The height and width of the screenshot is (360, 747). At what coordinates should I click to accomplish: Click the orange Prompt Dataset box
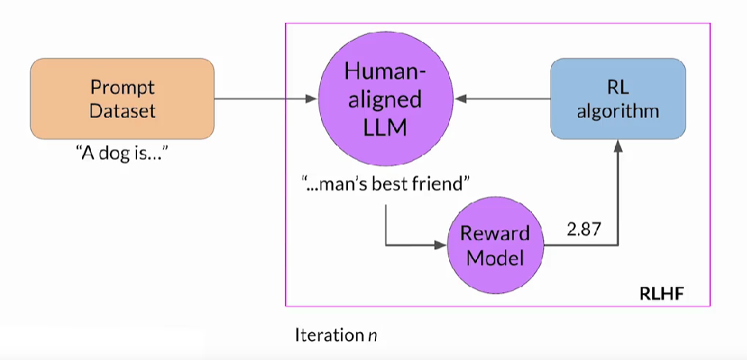(122, 99)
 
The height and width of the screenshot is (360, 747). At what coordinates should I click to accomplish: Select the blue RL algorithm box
(618, 99)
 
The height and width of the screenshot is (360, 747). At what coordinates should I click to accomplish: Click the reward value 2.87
(584, 230)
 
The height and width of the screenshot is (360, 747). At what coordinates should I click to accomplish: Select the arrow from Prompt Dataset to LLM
(263, 99)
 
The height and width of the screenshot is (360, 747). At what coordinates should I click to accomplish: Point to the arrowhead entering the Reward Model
(440, 246)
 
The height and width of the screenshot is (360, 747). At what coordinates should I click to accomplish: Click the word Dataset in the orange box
(122, 111)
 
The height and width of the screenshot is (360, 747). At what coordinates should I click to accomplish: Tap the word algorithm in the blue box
(618, 111)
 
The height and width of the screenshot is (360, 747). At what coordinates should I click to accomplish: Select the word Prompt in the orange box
(122, 87)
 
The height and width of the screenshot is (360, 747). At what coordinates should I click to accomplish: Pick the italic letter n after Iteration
(372, 336)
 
